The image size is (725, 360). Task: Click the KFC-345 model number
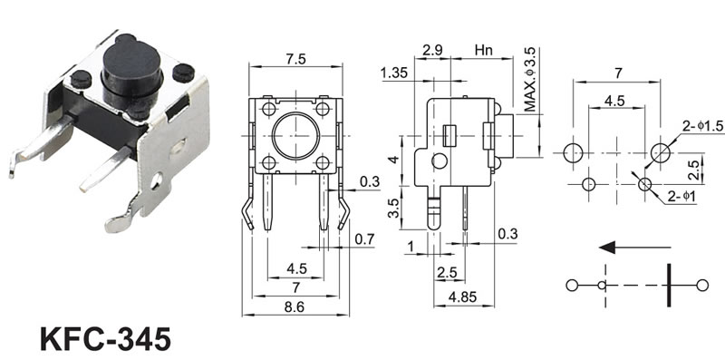tap(105, 339)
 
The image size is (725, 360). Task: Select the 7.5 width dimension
tap(296, 60)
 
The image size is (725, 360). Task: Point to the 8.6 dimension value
tap(295, 307)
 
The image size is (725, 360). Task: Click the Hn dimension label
tap(483, 50)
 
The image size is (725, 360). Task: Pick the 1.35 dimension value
tap(394, 73)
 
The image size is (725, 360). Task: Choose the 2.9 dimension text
tap(431, 50)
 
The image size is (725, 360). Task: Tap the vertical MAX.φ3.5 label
tap(530, 79)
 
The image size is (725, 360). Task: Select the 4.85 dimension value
tap(463, 297)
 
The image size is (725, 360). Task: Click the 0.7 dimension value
tap(364, 239)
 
